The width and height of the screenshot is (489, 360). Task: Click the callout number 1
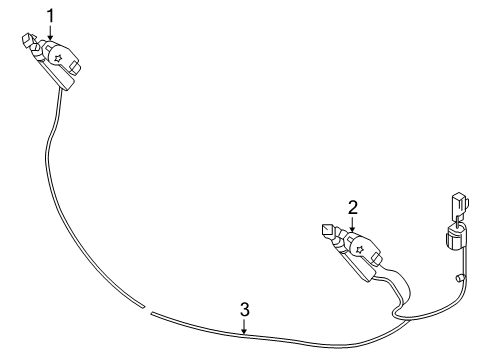[x=50, y=16]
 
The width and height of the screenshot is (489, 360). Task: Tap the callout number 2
[x=353, y=207]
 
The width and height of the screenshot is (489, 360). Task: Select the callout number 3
[x=245, y=310]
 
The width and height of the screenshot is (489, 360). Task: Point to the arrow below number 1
[x=50, y=32]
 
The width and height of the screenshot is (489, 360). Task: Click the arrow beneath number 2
[x=353, y=224]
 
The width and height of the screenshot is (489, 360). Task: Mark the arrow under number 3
[x=245, y=326]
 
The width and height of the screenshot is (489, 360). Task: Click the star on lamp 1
[x=59, y=58]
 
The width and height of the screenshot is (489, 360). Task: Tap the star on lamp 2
[x=360, y=249]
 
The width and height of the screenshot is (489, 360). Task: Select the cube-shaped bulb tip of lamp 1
[x=28, y=39]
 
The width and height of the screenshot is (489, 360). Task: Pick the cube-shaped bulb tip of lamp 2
[x=328, y=230]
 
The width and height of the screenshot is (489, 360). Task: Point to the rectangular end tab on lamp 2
[x=376, y=258]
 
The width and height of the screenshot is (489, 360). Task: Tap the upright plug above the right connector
[x=460, y=203]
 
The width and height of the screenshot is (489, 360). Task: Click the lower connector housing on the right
[x=455, y=238]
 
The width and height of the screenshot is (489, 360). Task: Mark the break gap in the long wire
[x=147, y=309]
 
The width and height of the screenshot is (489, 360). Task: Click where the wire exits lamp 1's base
[x=60, y=88]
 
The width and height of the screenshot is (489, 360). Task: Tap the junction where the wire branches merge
[x=408, y=321]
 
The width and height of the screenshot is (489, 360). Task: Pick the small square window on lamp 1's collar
[x=48, y=51]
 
